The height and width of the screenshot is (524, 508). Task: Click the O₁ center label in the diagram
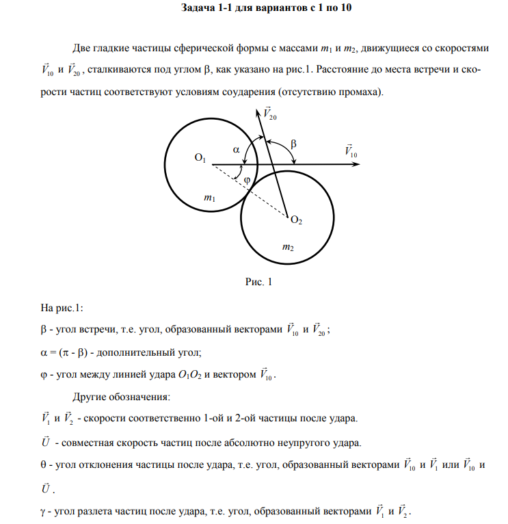[200, 159]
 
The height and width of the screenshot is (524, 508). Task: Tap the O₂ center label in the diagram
[296, 220]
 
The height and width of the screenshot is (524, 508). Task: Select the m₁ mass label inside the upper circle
[210, 198]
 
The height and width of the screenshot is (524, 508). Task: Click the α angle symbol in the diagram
[236, 148]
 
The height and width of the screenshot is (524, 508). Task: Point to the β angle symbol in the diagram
[294, 144]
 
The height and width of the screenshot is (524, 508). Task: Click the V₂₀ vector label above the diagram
[269, 114]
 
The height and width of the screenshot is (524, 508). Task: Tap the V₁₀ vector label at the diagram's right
[350, 151]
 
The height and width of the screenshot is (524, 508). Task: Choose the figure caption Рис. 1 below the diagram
[258, 282]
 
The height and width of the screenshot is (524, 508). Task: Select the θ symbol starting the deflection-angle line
[45, 464]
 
